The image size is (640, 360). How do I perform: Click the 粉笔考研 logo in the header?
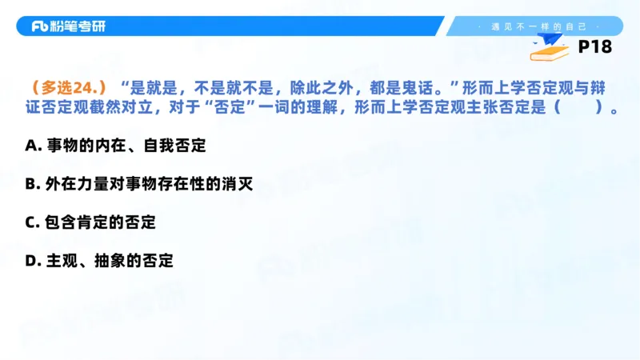[x=68, y=26]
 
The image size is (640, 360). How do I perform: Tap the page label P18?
[x=594, y=48]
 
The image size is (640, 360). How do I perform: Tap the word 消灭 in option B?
[x=237, y=185]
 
